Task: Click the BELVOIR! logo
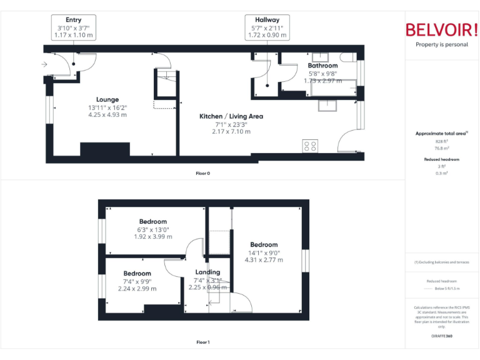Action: (x=441, y=29)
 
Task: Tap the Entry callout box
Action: (x=74, y=28)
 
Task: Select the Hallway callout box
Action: (x=267, y=28)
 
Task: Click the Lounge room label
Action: (x=107, y=99)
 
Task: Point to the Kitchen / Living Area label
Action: (x=231, y=116)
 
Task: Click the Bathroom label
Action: (x=322, y=66)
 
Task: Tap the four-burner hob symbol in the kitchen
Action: (x=309, y=146)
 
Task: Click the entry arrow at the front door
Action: (x=45, y=64)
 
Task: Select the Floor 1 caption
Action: (x=202, y=342)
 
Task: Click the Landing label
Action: (x=207, y=272)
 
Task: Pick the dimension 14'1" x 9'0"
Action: (x=264, y=252)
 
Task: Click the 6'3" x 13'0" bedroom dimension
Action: (x=152, y=229)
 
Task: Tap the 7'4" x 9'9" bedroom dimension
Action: (x=137, y=281)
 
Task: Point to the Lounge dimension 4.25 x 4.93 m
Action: (x=107, y=115)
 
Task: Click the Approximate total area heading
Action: (x=441, y=133)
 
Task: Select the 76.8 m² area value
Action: (x=442, y=148)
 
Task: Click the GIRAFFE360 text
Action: (x=442, y=336)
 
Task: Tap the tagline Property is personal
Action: (x=442, y=44)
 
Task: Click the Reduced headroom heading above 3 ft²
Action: (x=442, y=159)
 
